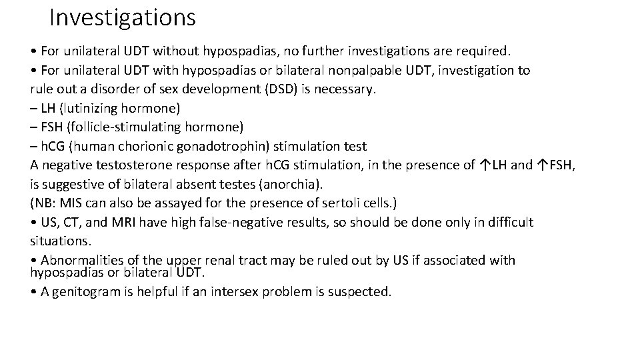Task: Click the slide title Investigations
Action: (123, 17)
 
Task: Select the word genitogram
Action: (89, 291)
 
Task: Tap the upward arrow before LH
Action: (484, 165)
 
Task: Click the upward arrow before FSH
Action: (542, 165)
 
